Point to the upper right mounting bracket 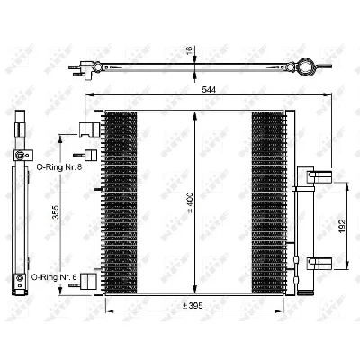click(314, 177)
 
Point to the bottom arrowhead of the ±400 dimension click(195, 290)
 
